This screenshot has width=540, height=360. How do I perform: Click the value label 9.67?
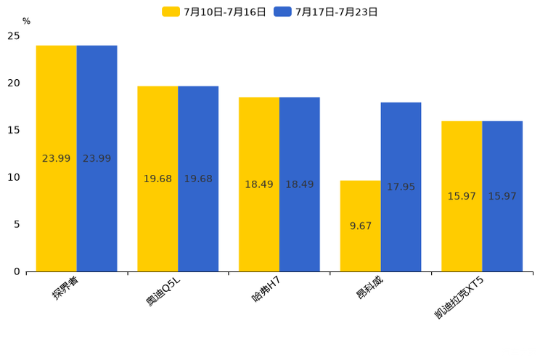[361, 226]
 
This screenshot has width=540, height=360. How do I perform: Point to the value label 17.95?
[401, 187]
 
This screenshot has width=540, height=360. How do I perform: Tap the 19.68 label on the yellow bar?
[157, 179]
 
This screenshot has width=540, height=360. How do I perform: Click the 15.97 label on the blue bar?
[502, 197]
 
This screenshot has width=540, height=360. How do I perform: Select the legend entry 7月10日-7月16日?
[214, 12]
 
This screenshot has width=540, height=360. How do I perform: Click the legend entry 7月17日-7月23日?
[326, 12]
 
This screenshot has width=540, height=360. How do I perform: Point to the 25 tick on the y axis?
[14, 36]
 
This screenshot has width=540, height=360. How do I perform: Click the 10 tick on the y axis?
[14, 177]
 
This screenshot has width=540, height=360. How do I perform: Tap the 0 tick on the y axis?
[17, 271]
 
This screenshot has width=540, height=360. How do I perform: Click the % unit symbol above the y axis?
[26, 22]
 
